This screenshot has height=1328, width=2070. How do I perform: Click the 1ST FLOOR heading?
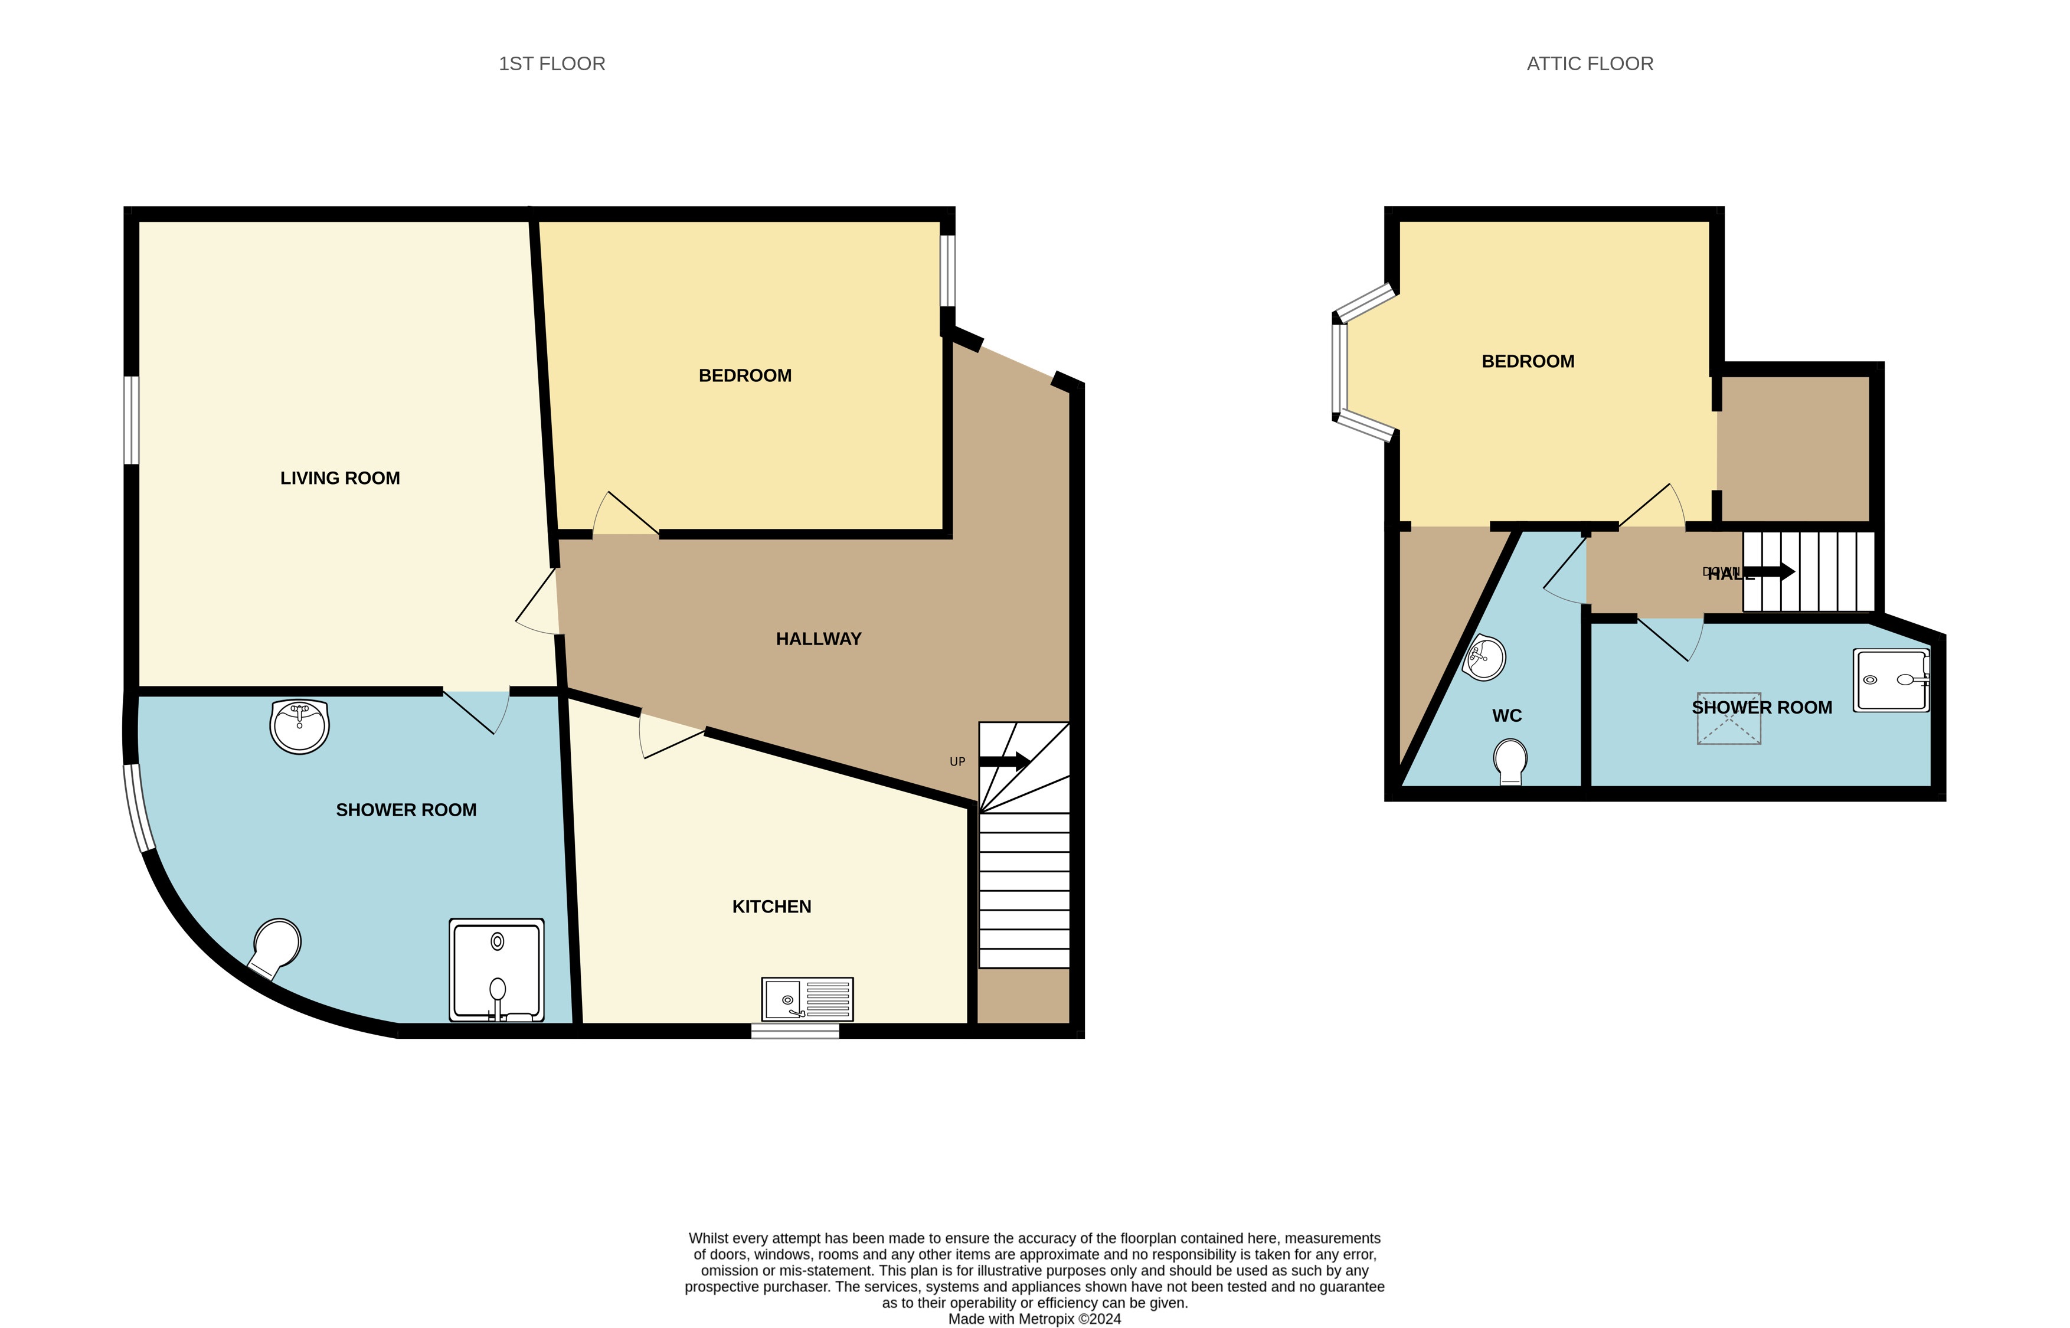click(552, 64)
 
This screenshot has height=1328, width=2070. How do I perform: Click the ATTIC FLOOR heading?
click(1589, 64)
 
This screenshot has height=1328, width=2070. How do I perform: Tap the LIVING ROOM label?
click(339, 477)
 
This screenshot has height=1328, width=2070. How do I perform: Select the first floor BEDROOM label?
click(745, 375)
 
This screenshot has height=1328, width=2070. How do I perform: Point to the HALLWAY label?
click(818, 639)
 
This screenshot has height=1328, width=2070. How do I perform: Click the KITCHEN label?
click(771, 907)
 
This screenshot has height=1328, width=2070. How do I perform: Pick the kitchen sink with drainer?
click(807, 999)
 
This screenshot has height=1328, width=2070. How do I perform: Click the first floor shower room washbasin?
click(299, 726)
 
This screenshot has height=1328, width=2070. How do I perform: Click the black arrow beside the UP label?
click(1005, 761)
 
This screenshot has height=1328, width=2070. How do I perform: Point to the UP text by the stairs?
click(957, 761)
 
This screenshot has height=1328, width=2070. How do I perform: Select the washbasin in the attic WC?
click(1484, 658)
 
